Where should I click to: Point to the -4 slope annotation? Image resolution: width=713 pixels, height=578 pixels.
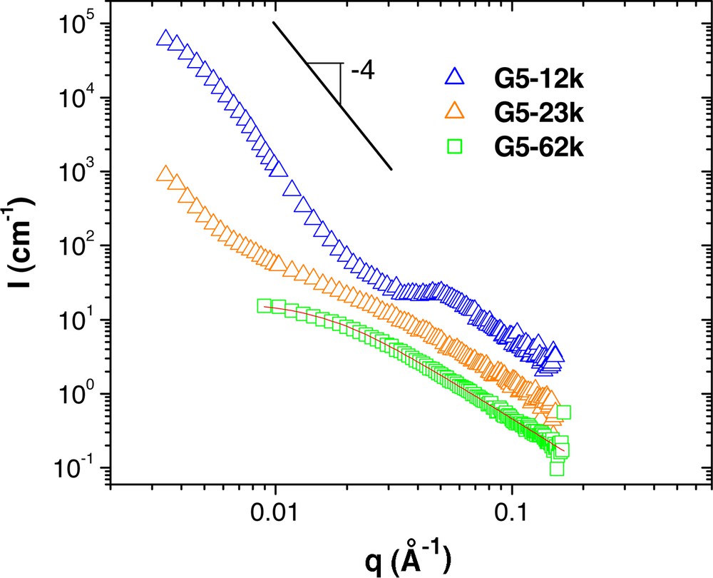tap(362, 71)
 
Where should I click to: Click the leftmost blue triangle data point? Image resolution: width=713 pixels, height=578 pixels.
tap(165, 39)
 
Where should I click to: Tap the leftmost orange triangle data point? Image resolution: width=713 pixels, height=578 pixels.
tap(165, 174)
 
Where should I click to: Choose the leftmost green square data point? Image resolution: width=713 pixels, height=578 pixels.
tap(265, 305)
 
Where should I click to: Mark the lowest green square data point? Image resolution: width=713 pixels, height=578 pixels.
tap(557, 468)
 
